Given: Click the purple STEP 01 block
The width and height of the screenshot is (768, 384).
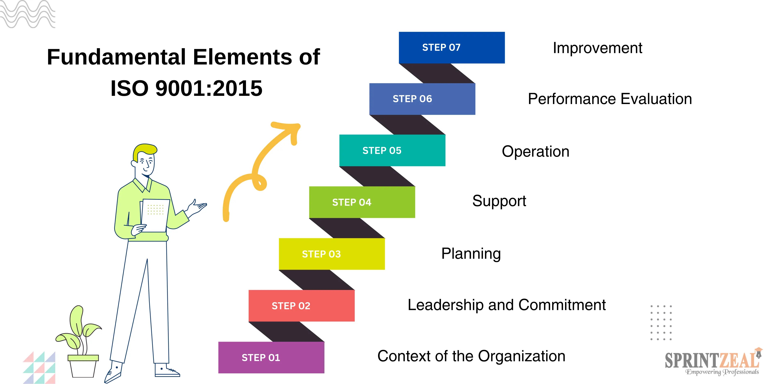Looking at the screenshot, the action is (271, 357).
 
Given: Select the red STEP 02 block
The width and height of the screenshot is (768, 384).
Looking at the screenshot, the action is (301, 306).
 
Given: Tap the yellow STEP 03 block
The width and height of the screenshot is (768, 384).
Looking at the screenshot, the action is (332, 254).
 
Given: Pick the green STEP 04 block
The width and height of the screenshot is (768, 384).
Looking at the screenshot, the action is (362, 202).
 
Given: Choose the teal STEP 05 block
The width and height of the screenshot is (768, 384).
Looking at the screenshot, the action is (392, 150).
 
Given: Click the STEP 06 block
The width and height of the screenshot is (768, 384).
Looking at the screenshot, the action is (422, 99).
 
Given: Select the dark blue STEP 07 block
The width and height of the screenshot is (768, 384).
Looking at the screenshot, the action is (452, 47).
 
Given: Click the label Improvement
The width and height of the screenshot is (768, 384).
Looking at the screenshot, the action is (597, 48).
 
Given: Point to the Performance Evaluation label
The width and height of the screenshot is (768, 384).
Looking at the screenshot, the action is (610, 99).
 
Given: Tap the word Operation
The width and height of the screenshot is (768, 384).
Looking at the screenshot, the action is (536, 152).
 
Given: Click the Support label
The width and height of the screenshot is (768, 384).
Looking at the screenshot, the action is (499, 201).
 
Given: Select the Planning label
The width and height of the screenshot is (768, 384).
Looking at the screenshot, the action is (471, 254).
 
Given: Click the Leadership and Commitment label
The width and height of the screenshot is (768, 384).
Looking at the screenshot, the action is (506, 305).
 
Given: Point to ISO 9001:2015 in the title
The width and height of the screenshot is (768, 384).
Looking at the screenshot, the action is (186, 88).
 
